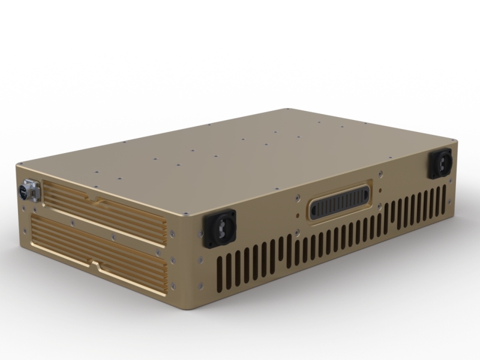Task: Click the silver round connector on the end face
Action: coord(28,191)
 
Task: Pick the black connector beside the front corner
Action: coord(220,229)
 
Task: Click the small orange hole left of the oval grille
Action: coord(298,211)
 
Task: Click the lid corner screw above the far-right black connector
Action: coord(451,142)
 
